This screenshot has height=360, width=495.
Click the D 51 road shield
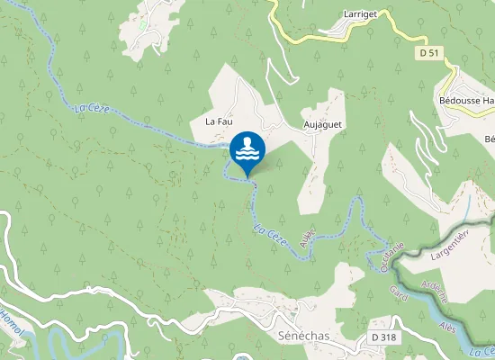tap(431, 54)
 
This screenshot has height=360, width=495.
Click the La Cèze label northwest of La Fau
tap(92, 110)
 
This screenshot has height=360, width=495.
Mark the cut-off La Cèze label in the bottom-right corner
tap(482, 350)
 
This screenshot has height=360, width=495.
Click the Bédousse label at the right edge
tap(465, 101)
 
